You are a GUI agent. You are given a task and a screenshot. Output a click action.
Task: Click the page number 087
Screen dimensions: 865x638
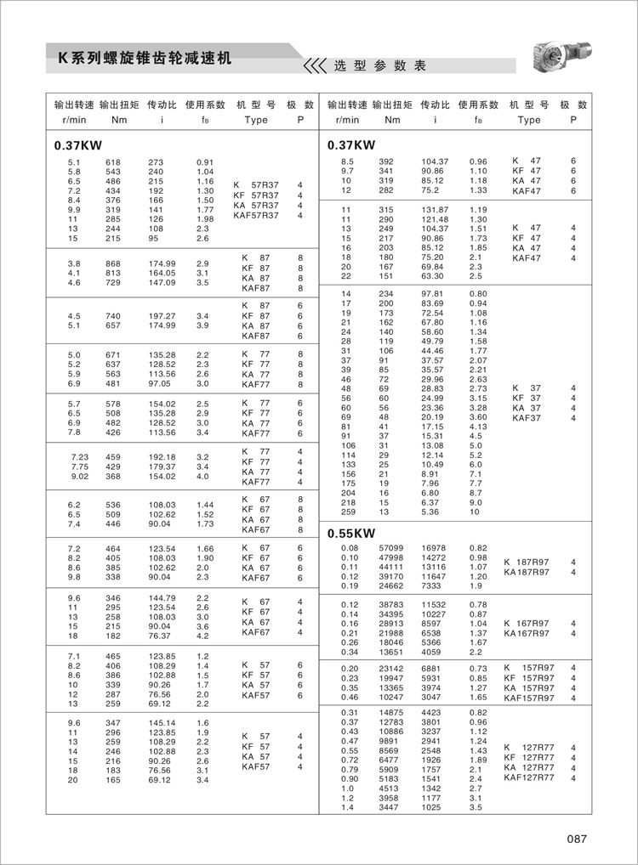pos(577,840)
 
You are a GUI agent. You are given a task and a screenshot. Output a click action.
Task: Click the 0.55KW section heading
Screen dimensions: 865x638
pos(351,534)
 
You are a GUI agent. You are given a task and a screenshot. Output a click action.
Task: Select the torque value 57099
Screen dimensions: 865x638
pos(390,549)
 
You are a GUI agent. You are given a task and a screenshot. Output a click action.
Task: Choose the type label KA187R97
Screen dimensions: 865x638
pos(527,572)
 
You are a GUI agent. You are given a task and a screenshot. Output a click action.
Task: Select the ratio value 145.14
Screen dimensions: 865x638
pos(161,722)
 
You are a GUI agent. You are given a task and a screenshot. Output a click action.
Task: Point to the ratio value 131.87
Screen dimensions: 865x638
pos(435,210)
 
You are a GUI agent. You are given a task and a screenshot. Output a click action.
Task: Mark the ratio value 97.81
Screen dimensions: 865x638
pos(433,293)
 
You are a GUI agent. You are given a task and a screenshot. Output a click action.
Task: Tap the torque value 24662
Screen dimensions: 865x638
pos(390,586)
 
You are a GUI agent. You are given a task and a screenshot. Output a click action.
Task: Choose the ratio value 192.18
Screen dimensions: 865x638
pos(161,456)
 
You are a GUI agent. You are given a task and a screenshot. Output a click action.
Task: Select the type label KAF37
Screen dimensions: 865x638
pos(527,418)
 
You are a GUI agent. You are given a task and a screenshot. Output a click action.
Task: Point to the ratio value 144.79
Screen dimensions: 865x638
pos(161,598)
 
